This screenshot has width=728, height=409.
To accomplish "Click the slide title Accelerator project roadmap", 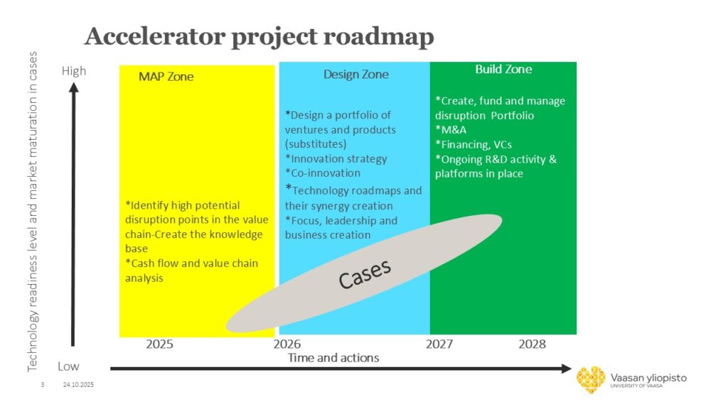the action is [x=259, y=36].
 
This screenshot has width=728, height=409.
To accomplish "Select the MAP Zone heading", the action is [x=166, y=77].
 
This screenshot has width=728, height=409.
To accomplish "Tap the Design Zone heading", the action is [x=356, y=75].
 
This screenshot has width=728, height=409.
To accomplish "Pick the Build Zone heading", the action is [x=503, y=69].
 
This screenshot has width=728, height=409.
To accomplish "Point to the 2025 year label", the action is [x=159, y=344].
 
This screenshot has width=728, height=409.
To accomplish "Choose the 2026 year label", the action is [x=287, y=344].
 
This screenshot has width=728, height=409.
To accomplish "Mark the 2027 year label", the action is [x=439, y=344].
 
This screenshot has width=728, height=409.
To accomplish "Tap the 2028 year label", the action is [x=532, y=344].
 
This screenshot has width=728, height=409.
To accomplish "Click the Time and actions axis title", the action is [x=333, y=358].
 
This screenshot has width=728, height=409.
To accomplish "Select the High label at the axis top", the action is [x=74, y=71].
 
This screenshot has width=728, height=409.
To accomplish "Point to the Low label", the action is [x=68, y=366].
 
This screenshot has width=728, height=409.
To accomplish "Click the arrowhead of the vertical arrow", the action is [x=73, y=87].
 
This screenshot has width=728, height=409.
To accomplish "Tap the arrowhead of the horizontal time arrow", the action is [x=567, y=369].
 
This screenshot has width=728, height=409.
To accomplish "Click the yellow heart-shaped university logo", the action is [x=591, y=380].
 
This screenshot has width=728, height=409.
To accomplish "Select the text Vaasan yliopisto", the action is [x=648, y=378].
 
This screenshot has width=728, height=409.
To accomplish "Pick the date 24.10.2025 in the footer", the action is [x=78, y=384].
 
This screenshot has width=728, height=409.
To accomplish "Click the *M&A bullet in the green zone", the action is [x=451, y=130].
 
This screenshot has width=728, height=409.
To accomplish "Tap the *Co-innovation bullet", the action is [x=323, y=173].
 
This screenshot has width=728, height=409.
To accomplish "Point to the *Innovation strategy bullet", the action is [x=336, y=158].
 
